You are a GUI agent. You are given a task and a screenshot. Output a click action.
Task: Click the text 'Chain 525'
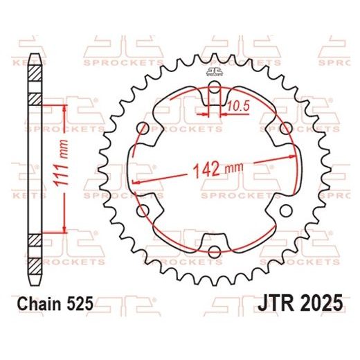pos(53,303)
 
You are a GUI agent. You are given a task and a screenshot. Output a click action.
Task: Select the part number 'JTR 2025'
pos(301,303)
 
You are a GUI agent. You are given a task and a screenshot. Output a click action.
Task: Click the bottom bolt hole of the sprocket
pos(215,250)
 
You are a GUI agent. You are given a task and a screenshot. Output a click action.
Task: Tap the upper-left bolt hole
pos(143,128)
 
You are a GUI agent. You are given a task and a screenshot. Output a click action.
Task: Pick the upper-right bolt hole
pos(285,128)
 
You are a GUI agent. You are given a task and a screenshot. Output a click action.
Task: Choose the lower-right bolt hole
pos(285,210)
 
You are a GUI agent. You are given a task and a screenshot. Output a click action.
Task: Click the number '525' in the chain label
pos(77,303)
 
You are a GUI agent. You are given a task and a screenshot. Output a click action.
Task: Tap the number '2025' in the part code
pos(317,303)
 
